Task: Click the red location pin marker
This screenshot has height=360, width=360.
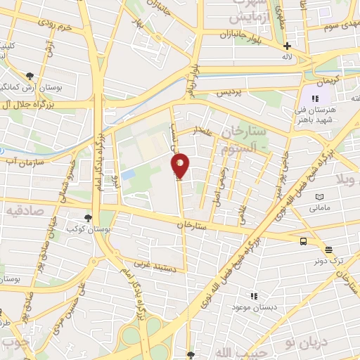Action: tap(181, 166)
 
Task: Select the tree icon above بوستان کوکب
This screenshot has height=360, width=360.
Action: tap(87, 219)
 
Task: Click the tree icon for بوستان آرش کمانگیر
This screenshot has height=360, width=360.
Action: tap(30, 77)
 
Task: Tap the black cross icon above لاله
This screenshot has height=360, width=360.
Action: tap(287, 46)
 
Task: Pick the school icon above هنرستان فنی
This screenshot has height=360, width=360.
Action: tap(310, 94)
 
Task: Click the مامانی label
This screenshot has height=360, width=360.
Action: tap(319, 208)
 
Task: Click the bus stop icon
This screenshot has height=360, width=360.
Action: tap(303, 241)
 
